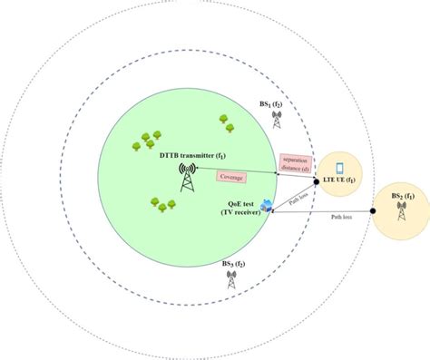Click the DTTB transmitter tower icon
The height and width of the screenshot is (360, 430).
point(189,177)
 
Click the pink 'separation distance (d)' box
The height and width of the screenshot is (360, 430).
point(296,161)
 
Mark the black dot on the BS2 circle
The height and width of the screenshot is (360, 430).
point(372,214)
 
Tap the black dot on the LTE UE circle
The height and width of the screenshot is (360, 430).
point(314,174)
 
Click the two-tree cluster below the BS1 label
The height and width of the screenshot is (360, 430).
point(223,119)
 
